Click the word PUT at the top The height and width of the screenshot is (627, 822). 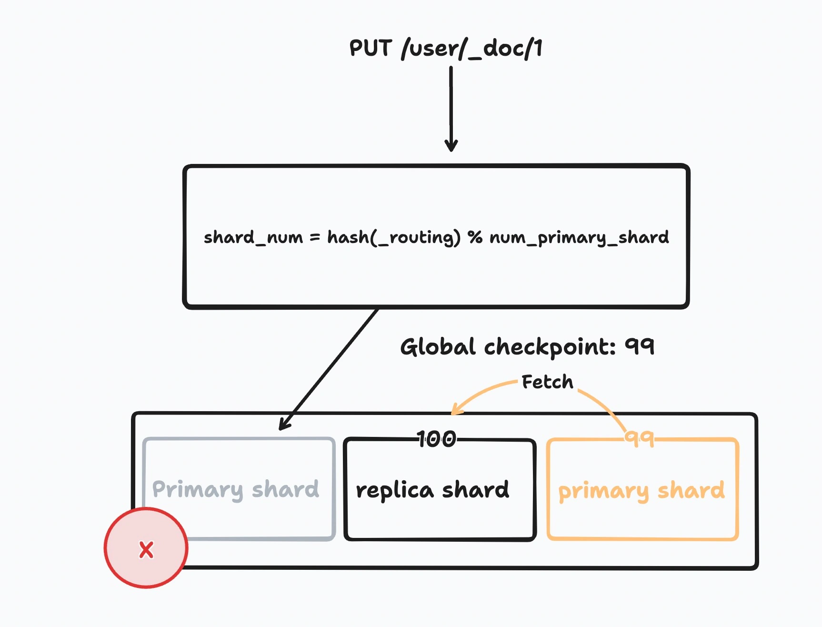coord(371,48)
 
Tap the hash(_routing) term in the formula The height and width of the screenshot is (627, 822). coord(393,237)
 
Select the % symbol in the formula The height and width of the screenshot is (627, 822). coord(475,237)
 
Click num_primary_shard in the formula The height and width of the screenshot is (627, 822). coord(579,237)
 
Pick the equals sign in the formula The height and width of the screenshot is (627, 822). coord(315,237)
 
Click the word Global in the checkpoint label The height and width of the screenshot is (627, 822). coord(438,347)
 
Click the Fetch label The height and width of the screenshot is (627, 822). coord(547,382)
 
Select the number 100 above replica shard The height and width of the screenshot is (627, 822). coord(437,439)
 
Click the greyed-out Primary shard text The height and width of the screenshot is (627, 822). coord(236,489)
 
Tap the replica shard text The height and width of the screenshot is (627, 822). coord(432,490)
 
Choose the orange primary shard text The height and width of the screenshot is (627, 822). coord(642,491)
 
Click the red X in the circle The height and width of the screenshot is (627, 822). coord(146,549)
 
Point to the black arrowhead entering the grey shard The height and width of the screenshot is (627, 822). coord(283,425)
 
